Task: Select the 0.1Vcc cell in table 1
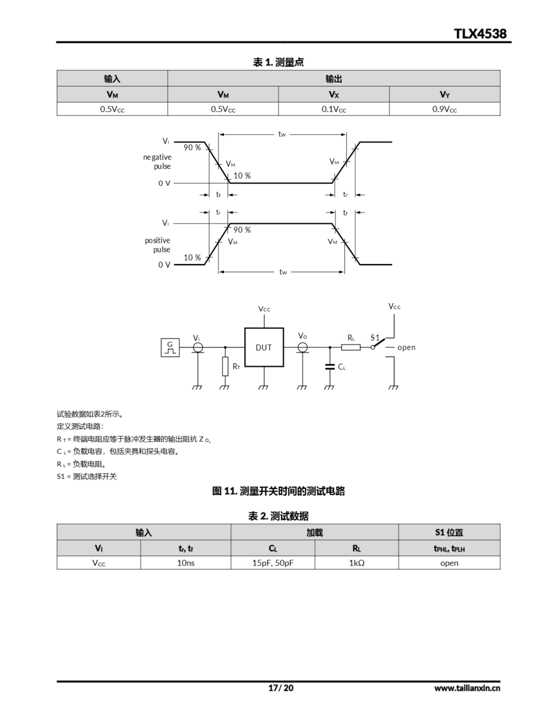pyautogui.click(x=333, y=109)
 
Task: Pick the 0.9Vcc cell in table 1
pyautogui.click(x=444, y=109)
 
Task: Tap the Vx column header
pyautogui.click(x=333, y=94)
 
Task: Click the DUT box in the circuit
pyautogui.click(x=264, y=347)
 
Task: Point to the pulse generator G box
pyautogui.click(x=170, y=347)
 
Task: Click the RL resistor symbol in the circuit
pyautogui.click(x=351, y=347)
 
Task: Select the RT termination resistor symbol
pyautogui.click(x=225, y=366)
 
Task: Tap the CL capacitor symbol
pyautogui.click(x=330, y=367)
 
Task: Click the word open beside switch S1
pyautogui.click(x=406, y=347)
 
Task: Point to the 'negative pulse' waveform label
pyautogui.click(x=157, y=161)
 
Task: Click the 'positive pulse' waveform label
pyautogui.click(x=158, y=245)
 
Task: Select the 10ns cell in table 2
pyautogui.click(x=186, y=563)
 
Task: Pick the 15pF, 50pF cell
pyautogui.click(x=273, y=563)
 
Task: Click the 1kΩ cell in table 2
pyautogui.click(x=357, y=563)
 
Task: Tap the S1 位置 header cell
pyautogui.click(x=449, y=532)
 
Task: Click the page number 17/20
pyautogui.click(x=281, y=688)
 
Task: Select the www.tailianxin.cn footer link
pyautogui.click(x=467, y=688)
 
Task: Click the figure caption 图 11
pyautogui.click(x=278, y=491)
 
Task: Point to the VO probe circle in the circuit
pyautogui.click(x=302, y=347)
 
